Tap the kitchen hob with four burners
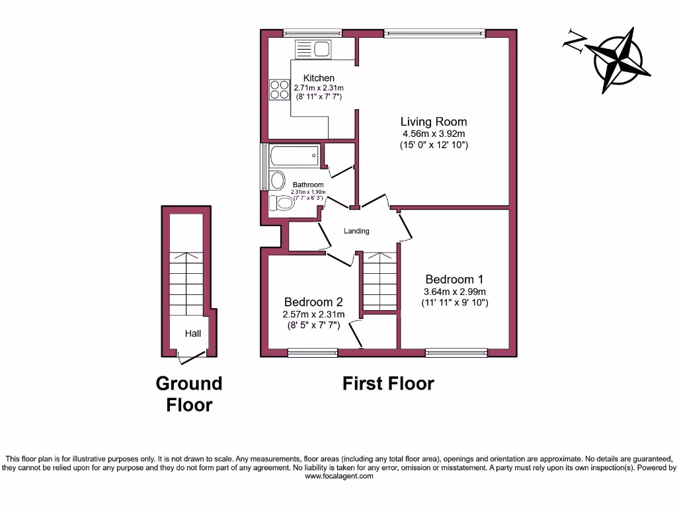coord(279,89)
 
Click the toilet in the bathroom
coord(282,203)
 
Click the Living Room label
coord(434,122)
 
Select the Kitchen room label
coord(319,78)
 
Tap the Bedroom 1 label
coord(455,279)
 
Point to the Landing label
coord(356,231)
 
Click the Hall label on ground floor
coord(193,333)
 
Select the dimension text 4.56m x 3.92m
coord(434,134)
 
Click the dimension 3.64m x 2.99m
coord(455,292)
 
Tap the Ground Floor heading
coord(189,394)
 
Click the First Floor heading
coord(388,384)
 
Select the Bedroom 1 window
coord(456,353)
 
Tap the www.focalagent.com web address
coord(338,476)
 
